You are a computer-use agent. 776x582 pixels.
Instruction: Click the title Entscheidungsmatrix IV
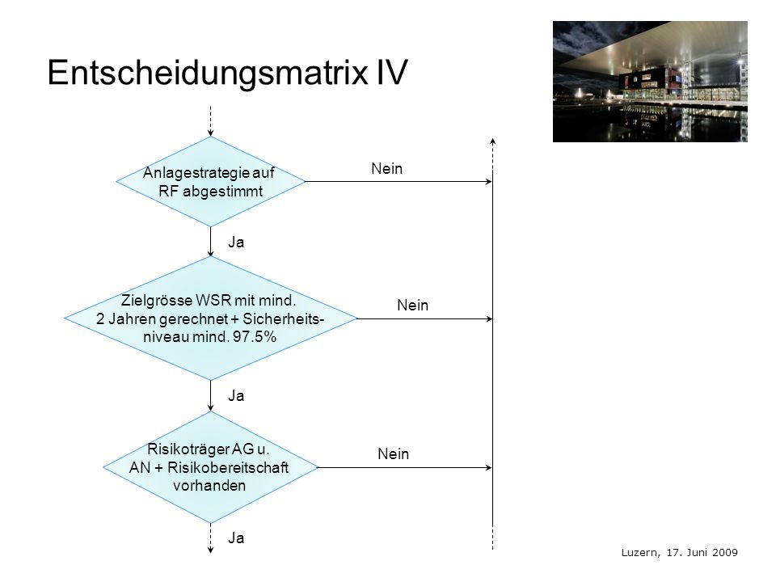coord(227,73)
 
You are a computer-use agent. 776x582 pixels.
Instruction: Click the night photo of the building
coord(650,82)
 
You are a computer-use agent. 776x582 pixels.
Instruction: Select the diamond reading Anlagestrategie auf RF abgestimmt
coord(210,182)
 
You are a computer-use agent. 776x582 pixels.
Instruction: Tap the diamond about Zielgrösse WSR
coord(210,318)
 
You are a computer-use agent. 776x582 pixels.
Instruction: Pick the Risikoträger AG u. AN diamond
coord(210,467)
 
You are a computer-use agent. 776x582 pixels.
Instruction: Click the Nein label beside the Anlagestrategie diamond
coord(386,169)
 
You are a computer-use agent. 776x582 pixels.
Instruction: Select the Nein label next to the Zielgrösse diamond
coord(412,306)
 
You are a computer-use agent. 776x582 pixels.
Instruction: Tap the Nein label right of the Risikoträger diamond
coord(393,453)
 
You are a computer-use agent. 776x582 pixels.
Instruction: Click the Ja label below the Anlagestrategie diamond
coord(235,242)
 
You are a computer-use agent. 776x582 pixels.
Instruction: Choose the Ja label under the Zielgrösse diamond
coord(235,395)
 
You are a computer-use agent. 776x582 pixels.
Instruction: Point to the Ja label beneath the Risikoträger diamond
coord(235,538)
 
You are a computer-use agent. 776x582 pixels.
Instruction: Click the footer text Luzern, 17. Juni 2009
coord(679,552)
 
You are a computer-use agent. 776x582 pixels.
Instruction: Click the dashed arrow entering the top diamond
coord(210,120)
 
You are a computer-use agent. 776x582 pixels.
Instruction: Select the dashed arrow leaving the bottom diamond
coord(210,538)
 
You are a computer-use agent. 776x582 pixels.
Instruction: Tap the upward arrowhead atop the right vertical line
coord(492,141)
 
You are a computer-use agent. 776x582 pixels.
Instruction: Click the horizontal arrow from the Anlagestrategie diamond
coord(399,182)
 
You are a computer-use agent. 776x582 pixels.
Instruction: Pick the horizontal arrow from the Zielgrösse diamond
coord(424,318)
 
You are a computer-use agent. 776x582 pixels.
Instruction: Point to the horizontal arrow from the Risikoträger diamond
coord(405,467)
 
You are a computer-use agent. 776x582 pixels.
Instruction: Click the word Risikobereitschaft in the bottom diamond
coord(228,468)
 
